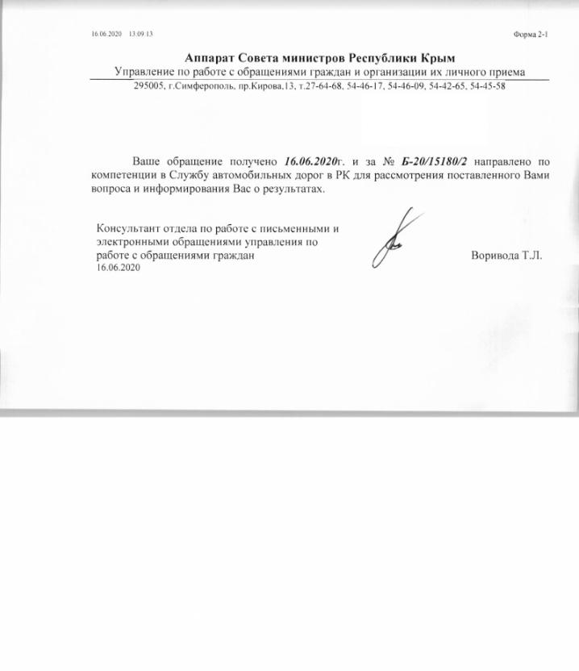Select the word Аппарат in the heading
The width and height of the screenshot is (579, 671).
click(x=211, y=57)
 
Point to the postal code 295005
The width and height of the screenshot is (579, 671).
click(x=150, y=86)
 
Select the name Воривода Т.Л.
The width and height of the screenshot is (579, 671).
click(x=506, y=256)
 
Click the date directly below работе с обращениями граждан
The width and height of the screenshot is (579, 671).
click(x=118, y=268)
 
